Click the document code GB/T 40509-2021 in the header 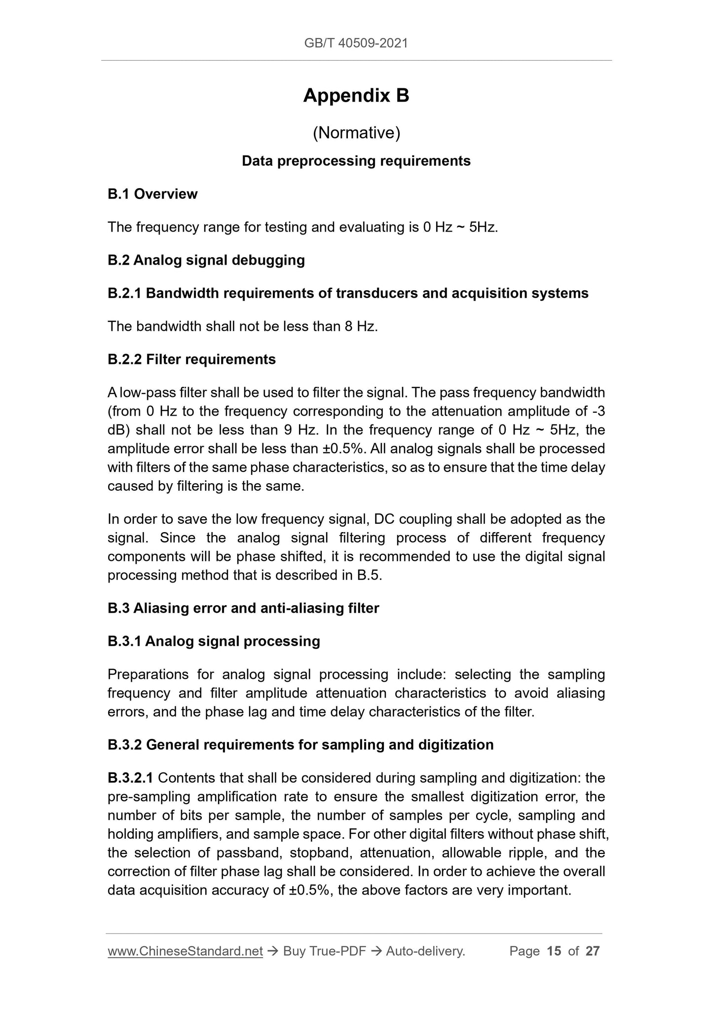click(x=356, y=43)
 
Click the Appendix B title click(x=356, y=95)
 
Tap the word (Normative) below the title click(x=356, y=133)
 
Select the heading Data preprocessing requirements click(x=356, y=161)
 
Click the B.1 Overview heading click(x=152, y=194)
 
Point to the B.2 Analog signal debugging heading click(x=206, y=260)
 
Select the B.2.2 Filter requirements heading click(x=191, y=359)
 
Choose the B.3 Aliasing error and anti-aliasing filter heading click(x=243, y=608)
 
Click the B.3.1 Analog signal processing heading click(x=214, y=641)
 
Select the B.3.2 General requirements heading click(x=300, y=745)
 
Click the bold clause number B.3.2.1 click(x=130, y=778)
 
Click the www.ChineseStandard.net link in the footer click(x=185, y=951)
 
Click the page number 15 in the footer click(x=554, y=951)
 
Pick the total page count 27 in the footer click(x=592, y=951)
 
